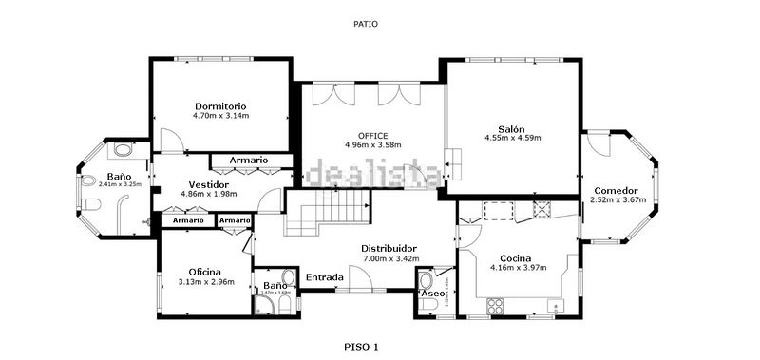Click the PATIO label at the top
click(x=365, y=25)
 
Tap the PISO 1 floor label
click(x=361, y=347)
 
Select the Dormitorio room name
click(x=220, y=105)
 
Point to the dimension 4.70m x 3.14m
click(x=220, y=116)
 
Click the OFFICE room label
click(x=373, y=135)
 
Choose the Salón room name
click(x=511, y=129)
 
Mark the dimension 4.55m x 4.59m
click(x=512, y=139)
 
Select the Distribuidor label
click(x=389, y=248)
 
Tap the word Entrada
click(x=325, y=277)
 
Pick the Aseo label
click(x=432, y=294)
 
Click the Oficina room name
click(x=204, y=271)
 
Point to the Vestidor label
click(x=208, y=183)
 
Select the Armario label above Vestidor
click(x=249, y=160)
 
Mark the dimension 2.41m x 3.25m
click(x=120, y=184)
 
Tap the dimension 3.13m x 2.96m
click(x=206, y=281)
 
